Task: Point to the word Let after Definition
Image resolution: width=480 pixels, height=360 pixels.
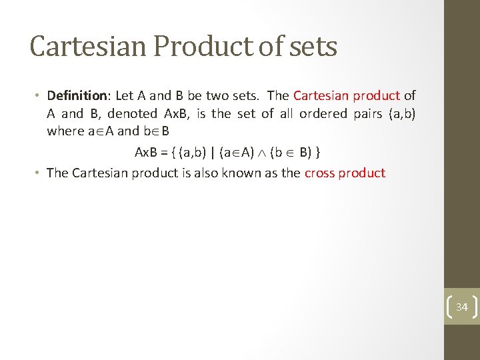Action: tap(125, 96)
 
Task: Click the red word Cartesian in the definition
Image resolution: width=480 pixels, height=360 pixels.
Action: tap(321, 96)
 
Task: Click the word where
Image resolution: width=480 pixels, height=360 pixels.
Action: tap(65, 131)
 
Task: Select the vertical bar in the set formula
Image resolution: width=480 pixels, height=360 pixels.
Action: tap(213, 153)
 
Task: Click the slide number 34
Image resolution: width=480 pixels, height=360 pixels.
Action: tap(461, 307)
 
